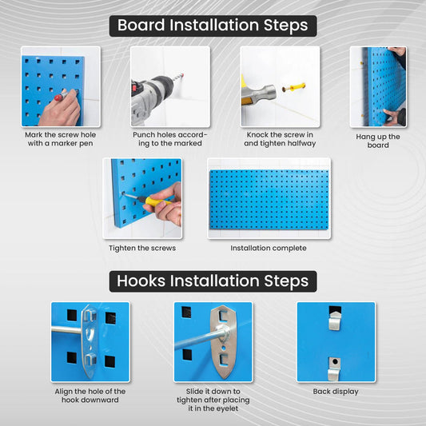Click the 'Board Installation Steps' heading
213,26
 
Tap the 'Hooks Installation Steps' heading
213,281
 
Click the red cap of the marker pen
58,98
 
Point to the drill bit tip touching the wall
183,74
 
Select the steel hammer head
261,94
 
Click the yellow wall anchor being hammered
294,88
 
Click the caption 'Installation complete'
269,248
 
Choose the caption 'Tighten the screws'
142,248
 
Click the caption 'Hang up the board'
378,141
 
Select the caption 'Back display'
336,392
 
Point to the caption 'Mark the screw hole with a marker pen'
60,139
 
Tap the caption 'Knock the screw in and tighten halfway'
280,139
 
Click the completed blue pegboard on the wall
269,200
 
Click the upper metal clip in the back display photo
335,320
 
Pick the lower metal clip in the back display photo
334,369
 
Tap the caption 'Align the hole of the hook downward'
90,396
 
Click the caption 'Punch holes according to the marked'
170,139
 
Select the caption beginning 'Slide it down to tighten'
213,400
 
